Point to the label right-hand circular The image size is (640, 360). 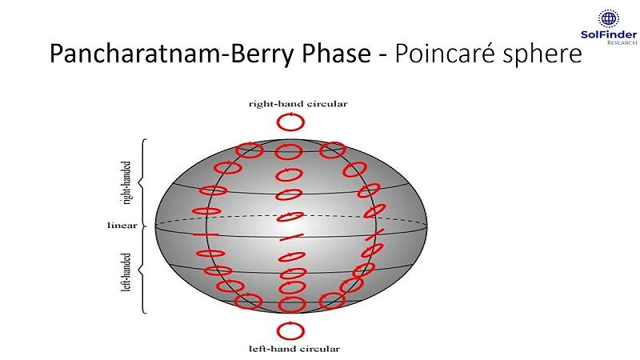coord(291,103)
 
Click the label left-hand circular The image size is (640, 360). coord(290,349)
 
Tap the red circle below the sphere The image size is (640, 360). coord(290,330)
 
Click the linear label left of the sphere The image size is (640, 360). coord(122,226)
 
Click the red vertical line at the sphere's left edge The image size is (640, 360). coord(195,234)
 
